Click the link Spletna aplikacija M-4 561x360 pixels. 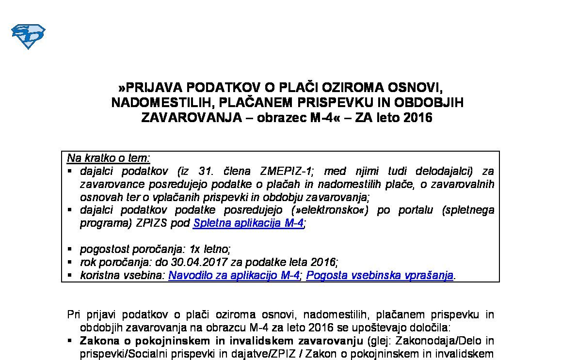pyautogui.click(x=248, y=223)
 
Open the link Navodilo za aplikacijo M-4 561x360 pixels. pyautogui.click(x=234, y=276)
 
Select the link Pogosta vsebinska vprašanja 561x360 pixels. pyautogui.click(x=380, y=276)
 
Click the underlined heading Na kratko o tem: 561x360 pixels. pyautogui.click(x=109, y=158)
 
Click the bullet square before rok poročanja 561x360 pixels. pyautogui.click(x=70, y=263)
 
